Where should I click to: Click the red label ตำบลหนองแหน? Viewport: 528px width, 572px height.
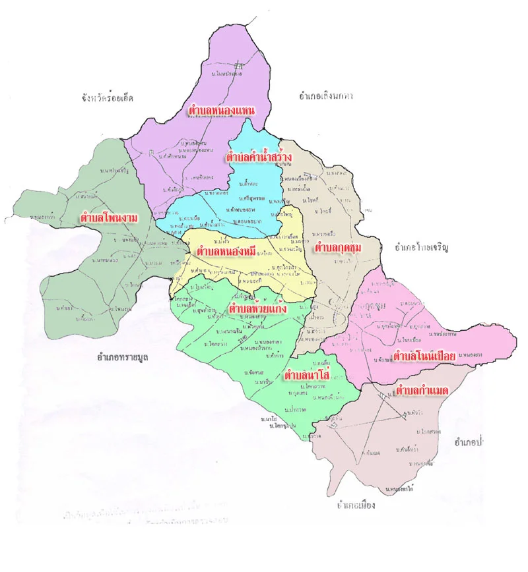(222, 111)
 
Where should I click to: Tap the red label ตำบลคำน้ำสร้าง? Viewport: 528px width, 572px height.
(259, 157)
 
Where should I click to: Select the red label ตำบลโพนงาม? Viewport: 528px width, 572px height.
(108, 216)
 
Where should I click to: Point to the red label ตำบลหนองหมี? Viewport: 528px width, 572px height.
(226, 252)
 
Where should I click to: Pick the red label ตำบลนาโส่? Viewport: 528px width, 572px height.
(308, 376)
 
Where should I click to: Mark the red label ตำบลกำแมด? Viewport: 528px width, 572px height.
(422, 391)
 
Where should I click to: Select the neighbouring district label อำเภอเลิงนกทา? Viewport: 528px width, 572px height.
(326, 96)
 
